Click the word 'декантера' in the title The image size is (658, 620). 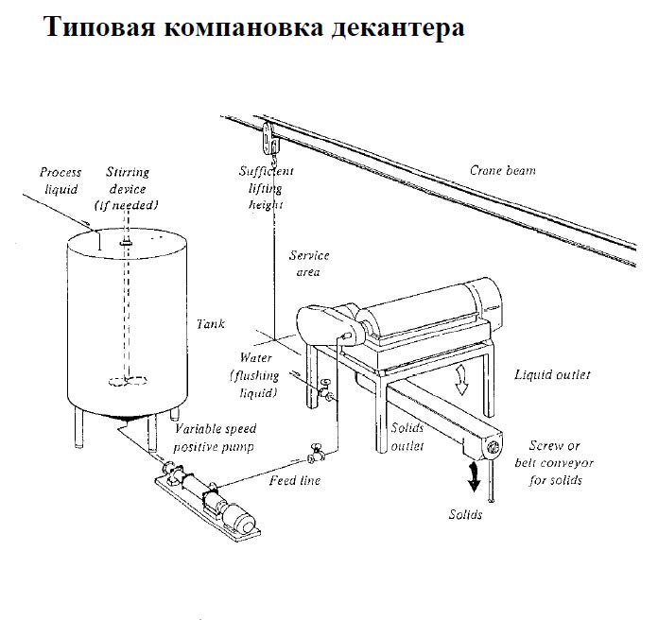tap(398, 28)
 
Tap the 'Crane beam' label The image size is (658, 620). tap(502, 171)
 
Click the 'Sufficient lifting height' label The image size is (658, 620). tap(268, 187)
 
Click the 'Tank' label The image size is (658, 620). tap(210, 323)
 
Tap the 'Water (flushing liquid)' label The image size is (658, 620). tap(256, 375)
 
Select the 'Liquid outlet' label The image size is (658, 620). tap(552, 375)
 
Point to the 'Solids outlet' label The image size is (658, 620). tap(407, 436)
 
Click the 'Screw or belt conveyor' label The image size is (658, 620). tap(554, 462)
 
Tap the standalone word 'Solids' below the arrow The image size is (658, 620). tap(465, 515)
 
